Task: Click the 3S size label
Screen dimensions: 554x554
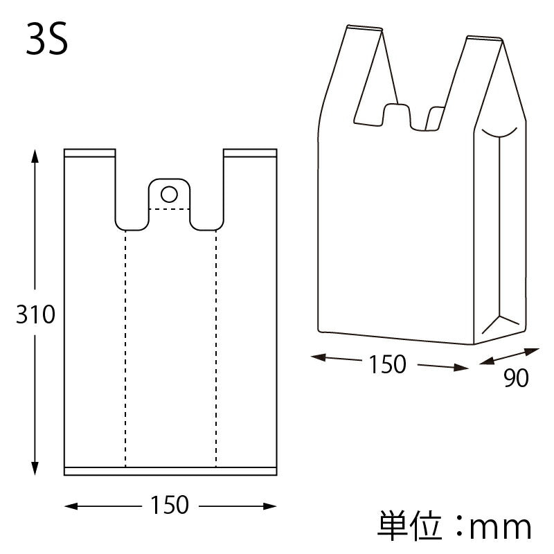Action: tap(47, 41)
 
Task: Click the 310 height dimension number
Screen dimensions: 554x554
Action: tap(35, 315)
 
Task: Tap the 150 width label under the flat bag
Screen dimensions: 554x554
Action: tap(169, 506)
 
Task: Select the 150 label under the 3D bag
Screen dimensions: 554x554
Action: tap(388, 364)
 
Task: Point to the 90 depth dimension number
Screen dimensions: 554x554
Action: tap(516, 378)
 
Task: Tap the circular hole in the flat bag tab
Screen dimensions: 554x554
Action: tap(169, 192)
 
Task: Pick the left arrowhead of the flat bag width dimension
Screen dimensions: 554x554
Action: tap(70, 506)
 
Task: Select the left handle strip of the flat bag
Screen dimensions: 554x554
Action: tap(89, 153)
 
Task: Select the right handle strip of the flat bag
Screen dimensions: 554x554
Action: tap(250, 153)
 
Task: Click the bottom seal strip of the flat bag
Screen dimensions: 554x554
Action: tap(170, 472)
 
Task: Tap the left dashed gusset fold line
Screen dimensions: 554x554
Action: tap(125, 346)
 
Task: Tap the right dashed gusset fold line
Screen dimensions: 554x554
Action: tap(215, 346)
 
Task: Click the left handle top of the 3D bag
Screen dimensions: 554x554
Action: tap(364, 28)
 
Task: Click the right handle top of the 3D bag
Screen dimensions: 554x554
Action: tap(484, 39)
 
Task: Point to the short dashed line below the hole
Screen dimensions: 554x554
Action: tap(170, 208)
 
